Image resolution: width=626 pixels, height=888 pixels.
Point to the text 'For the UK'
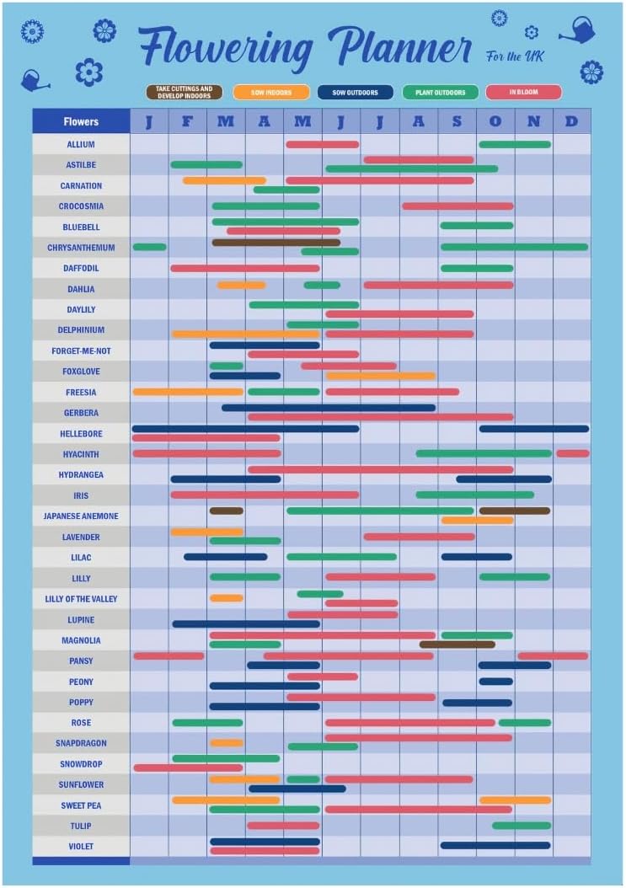click(515, 56)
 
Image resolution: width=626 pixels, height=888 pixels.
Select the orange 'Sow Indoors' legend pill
click(270, 93)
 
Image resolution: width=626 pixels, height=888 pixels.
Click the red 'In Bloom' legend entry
click(523, 93)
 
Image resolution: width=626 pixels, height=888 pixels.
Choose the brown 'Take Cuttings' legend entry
click(184, 93)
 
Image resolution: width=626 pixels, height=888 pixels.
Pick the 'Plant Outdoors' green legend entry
click(441, 93)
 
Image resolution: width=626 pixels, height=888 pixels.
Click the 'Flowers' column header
click(81, 121)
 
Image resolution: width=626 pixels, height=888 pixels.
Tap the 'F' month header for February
click(187, 121)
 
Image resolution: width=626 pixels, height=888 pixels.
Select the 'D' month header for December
click(571, 121)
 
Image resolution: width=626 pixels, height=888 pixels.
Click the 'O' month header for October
click(495, 121)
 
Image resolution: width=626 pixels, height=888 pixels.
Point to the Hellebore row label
click(81, 434)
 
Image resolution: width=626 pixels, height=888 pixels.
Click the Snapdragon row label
click(81, 743)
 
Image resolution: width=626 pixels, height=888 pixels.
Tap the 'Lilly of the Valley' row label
click(81, 599)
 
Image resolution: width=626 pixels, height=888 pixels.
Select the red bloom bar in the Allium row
click(322, 144)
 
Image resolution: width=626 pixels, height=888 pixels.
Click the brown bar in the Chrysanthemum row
click(276, 243)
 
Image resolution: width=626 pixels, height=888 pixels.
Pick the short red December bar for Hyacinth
click(572, 453)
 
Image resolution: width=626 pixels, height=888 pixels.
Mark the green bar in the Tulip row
click(522, 826)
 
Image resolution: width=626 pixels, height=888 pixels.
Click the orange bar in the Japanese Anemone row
click(477, 521)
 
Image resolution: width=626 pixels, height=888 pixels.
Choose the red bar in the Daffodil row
click(244, 268)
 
